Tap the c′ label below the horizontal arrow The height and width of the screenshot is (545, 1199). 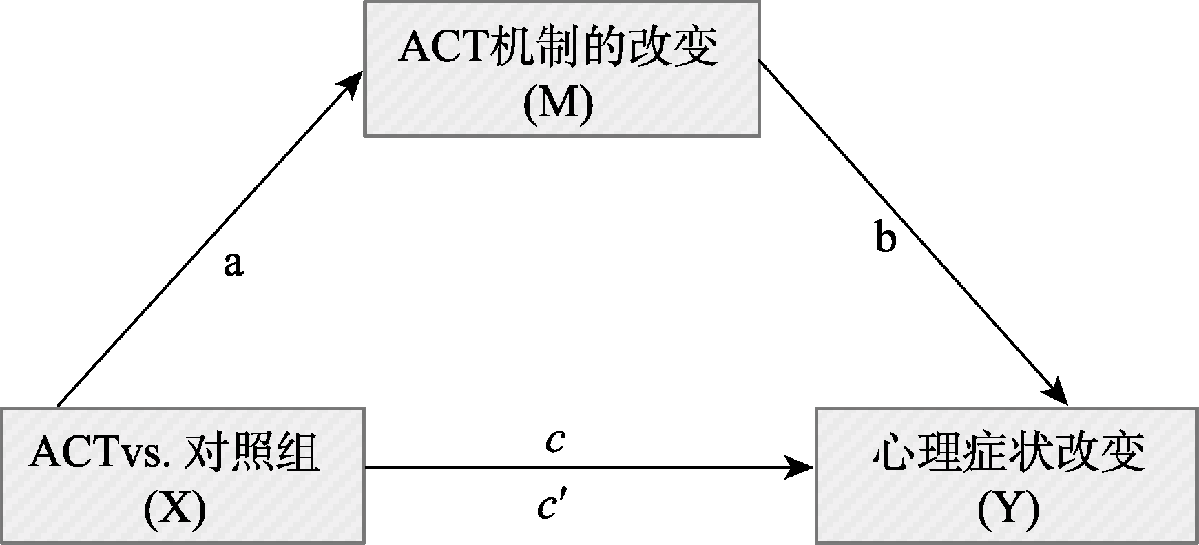[552, 508]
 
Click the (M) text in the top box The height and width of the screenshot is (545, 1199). [559, 106]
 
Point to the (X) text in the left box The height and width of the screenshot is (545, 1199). [175, 511]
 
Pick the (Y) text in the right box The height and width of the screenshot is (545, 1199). [1008, 511]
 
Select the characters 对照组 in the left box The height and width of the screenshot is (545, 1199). [252, 453]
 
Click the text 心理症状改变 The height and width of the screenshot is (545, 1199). [1008, 453]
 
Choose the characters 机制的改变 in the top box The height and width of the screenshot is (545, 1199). [603, 48]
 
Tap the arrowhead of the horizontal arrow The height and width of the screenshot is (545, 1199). [801, 468]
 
